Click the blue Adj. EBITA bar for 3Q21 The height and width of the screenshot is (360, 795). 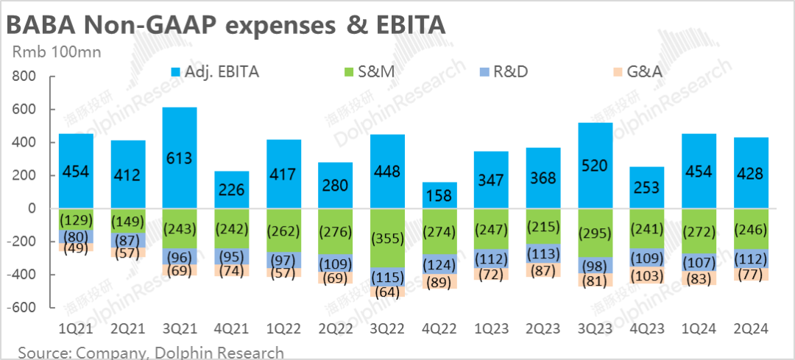180,158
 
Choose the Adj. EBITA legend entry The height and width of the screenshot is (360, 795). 213,71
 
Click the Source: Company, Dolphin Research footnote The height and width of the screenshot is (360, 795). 151,352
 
